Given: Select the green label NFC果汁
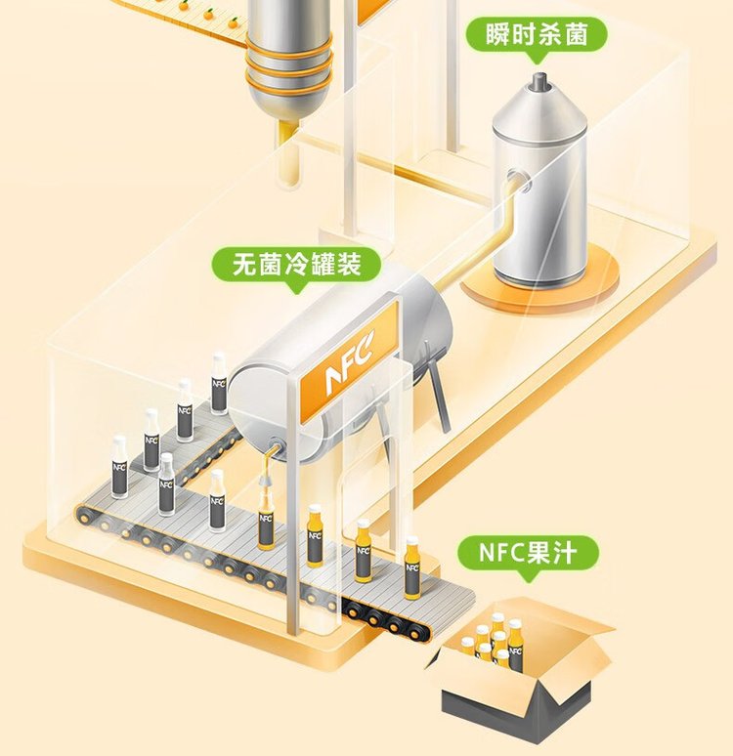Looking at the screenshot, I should [529, 552].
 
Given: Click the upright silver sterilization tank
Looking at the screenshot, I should [539, 186].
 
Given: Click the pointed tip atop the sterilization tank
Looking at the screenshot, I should [538, 81].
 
